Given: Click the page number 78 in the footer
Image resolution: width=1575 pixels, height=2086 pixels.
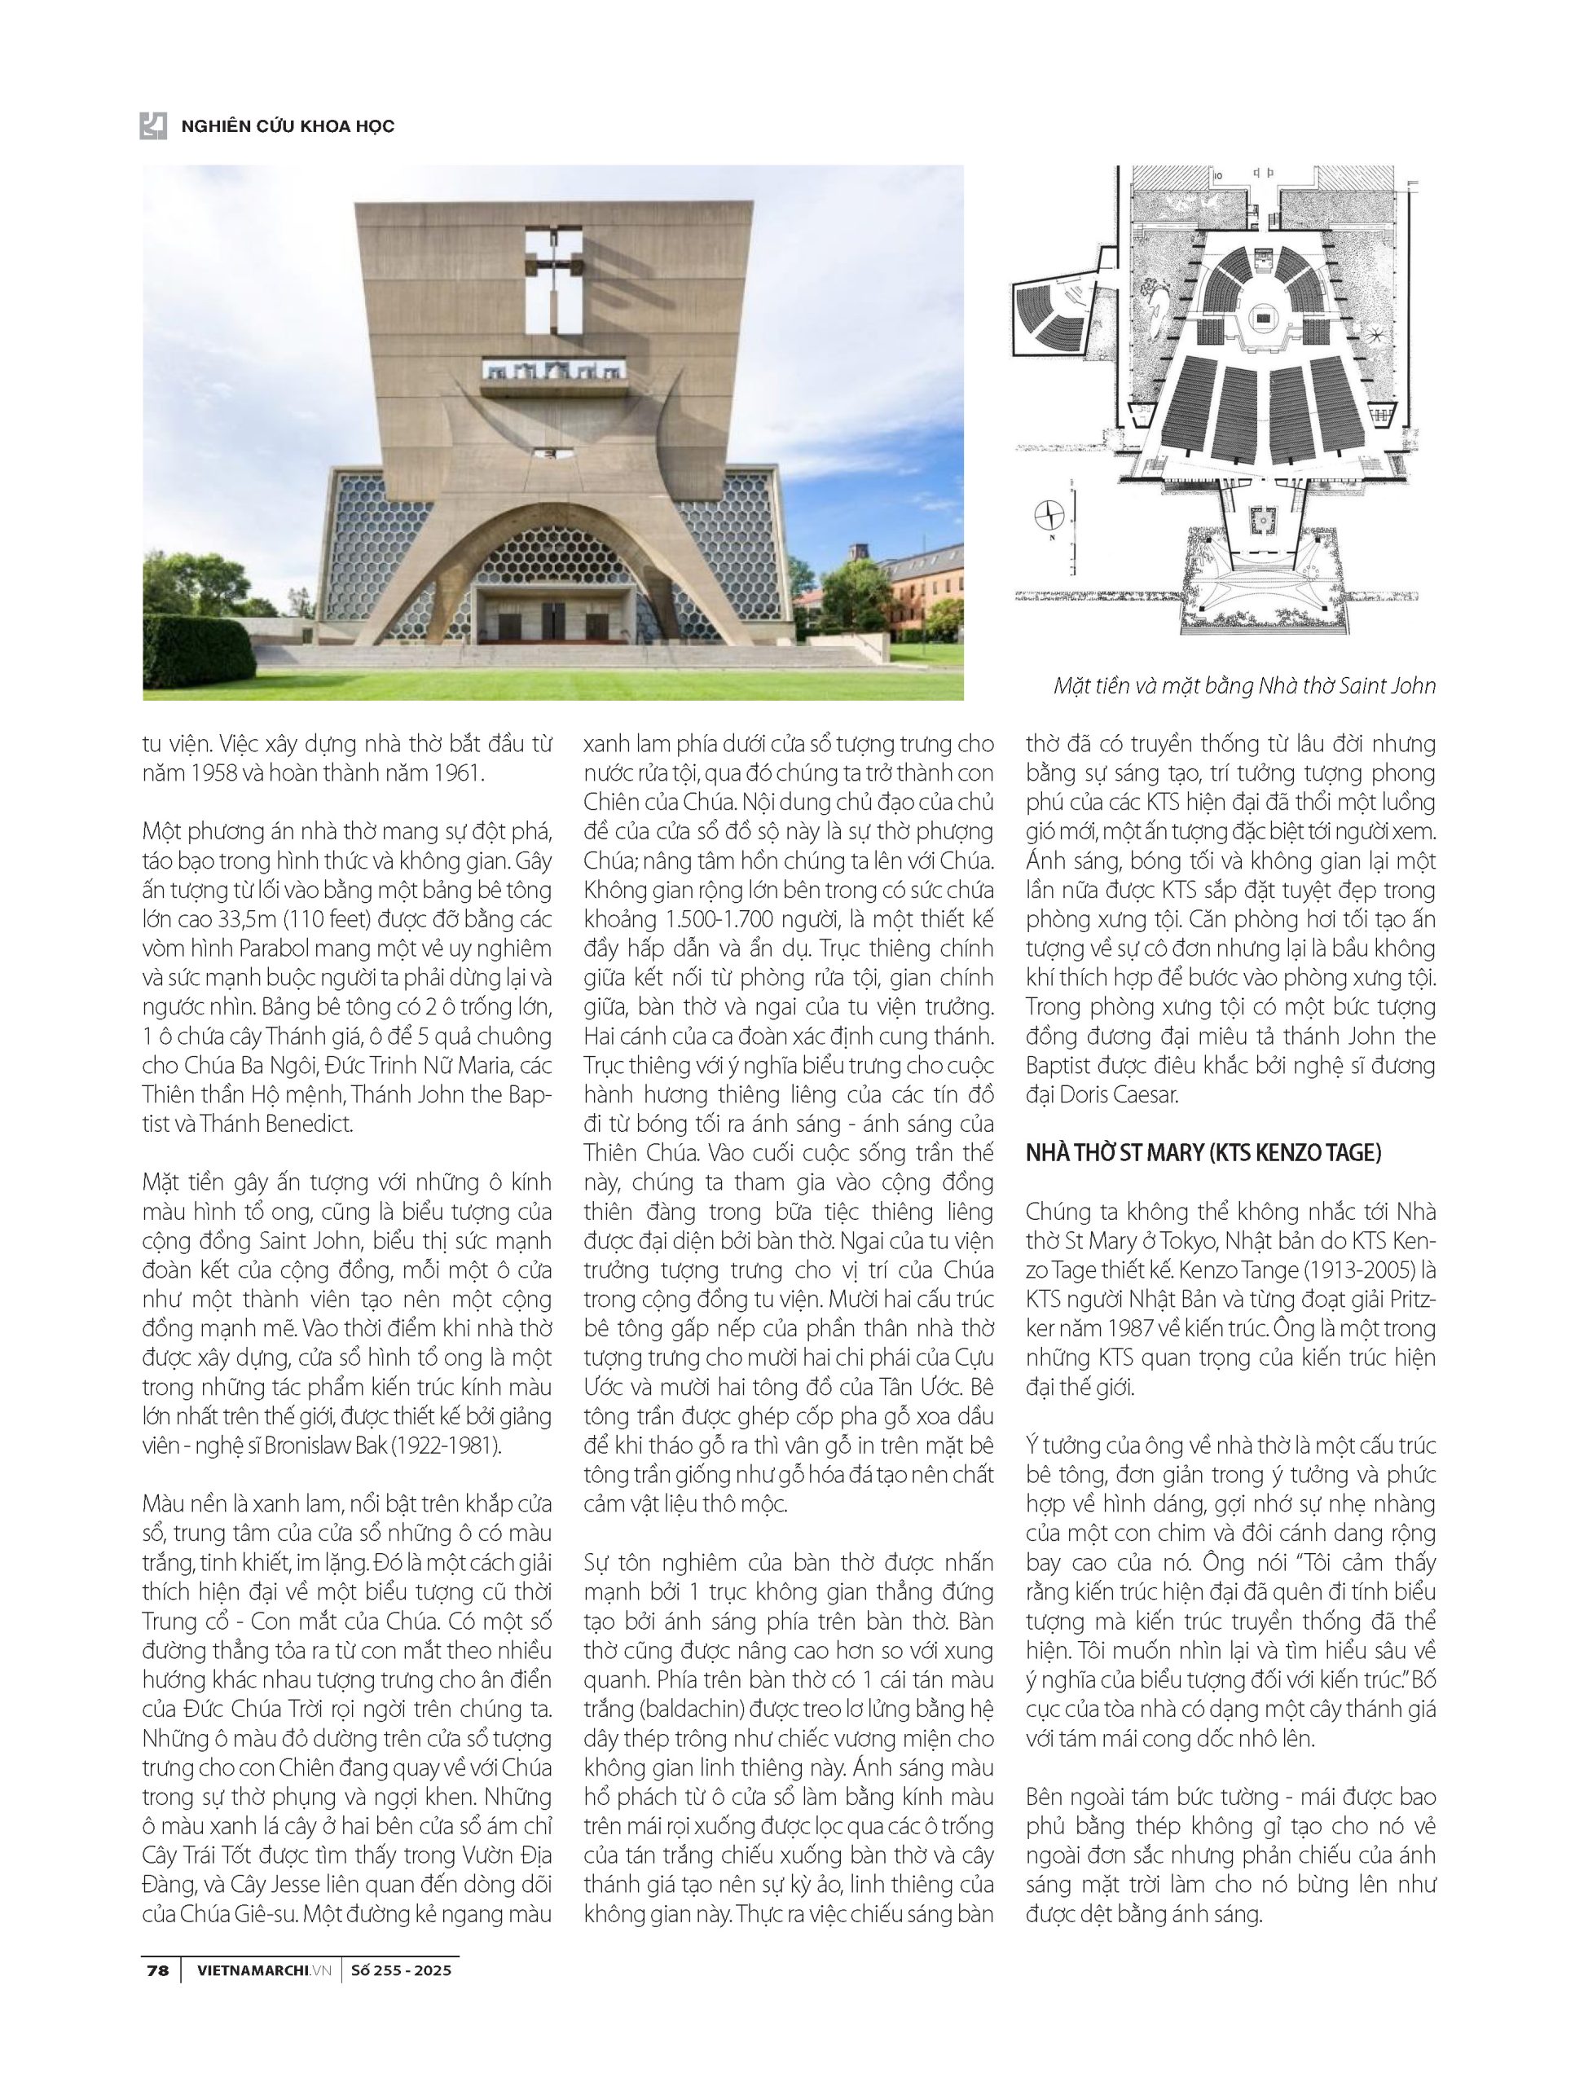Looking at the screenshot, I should [157, 1971].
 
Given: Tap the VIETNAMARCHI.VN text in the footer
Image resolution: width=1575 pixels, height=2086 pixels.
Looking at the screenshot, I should [265, 1971].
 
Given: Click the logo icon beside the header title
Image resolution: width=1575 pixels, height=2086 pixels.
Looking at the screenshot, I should [153, 125].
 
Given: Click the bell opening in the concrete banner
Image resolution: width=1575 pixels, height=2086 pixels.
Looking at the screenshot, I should [552, 372].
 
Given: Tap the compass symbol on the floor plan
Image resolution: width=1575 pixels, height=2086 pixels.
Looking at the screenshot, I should [1049, 516].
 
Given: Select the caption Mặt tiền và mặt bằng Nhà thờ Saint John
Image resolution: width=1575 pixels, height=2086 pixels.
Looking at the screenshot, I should [1244, 685].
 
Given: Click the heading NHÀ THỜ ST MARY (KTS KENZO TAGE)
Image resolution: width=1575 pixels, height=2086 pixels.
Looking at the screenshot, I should [1203, 1152].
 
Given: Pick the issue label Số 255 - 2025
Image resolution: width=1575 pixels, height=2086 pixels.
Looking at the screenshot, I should [401, 1971].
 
